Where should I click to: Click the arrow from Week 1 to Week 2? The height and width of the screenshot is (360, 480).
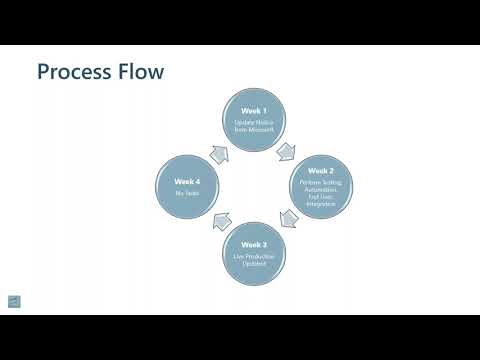click(287, 150)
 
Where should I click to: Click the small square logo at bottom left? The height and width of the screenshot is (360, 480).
click(14, 301)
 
